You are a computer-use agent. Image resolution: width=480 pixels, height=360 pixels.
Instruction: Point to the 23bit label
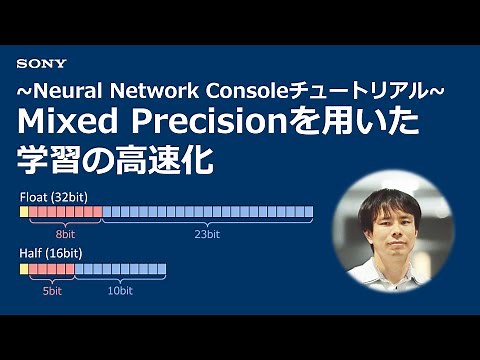[207, 234]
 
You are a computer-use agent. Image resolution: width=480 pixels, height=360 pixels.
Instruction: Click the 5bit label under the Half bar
[52, 290]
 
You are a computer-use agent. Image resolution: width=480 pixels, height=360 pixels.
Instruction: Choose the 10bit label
[120, 290]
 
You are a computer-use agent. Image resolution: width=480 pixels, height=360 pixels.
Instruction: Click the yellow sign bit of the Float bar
[24, 212]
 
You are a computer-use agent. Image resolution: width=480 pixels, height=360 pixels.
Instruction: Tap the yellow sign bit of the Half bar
[24, 269]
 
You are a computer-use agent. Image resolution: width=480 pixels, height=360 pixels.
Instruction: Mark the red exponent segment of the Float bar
[66, 212]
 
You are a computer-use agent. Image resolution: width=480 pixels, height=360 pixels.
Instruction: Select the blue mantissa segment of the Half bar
[120, 269]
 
